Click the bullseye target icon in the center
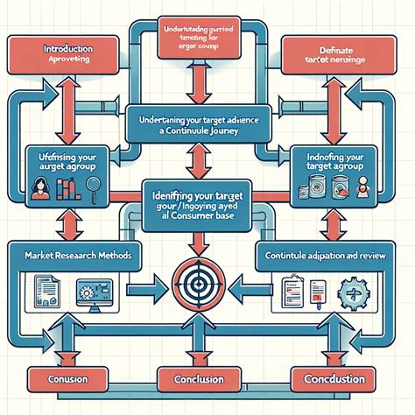[x=207, y=285]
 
